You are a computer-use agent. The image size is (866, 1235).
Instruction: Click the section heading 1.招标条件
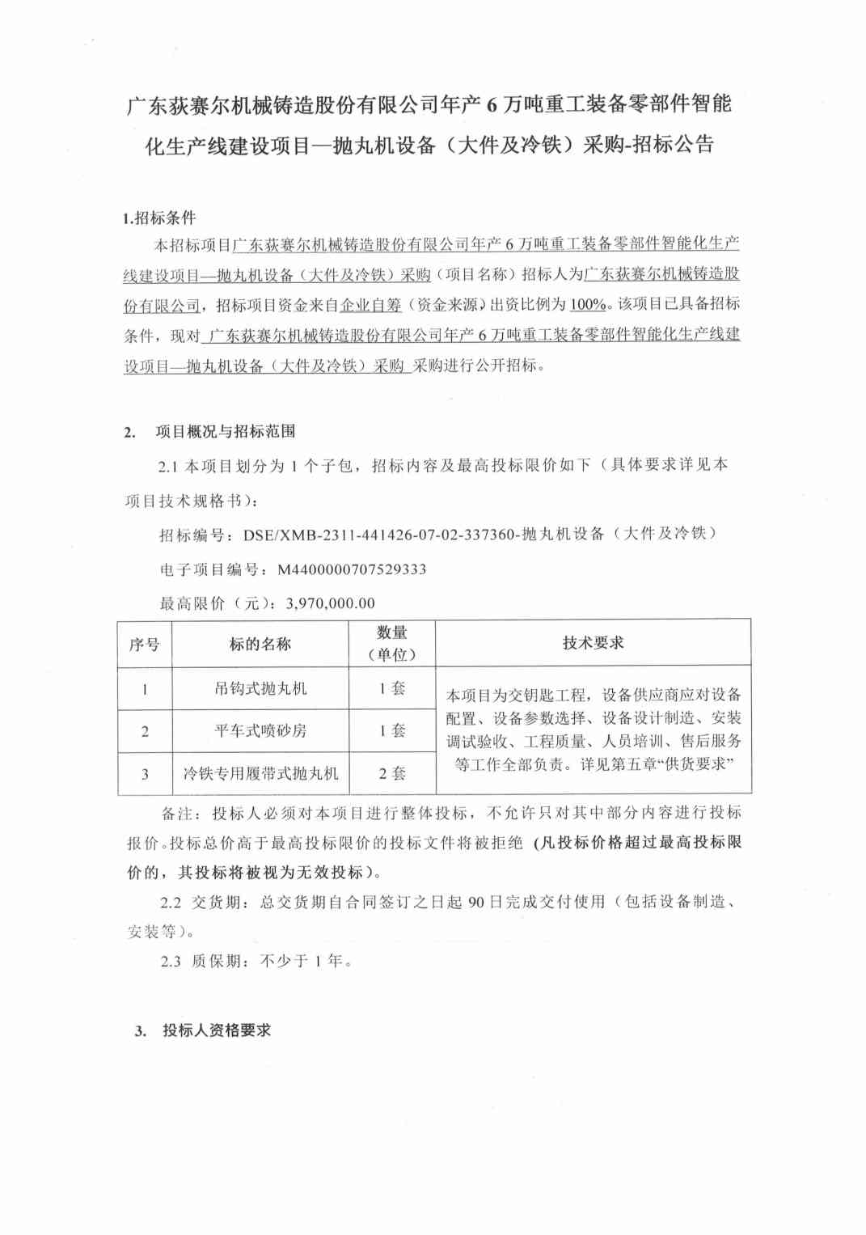click(x=158, y=218)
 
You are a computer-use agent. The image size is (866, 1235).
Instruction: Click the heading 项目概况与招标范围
click(x=225, y=431)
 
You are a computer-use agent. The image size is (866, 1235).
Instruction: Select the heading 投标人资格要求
click(x=216, y=1030)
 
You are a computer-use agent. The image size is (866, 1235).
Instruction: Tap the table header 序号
click(x=145, y=644)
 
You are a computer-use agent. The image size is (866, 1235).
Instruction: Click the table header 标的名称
click(x=260, y=644)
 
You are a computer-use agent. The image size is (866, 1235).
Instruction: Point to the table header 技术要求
click(x=593, y=642)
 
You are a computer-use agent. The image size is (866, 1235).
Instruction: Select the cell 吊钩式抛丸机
click(x=260, y=688)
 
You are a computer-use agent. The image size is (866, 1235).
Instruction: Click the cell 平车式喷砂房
click(x=260, y=730)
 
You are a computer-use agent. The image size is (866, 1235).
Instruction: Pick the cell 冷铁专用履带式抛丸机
click(x=260, y=773)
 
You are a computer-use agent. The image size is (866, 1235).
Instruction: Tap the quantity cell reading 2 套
click(x=392, y=773)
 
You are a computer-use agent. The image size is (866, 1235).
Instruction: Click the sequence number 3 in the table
click(x=145, y=774)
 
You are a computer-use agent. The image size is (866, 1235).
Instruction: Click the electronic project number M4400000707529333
click(x=352, y=569)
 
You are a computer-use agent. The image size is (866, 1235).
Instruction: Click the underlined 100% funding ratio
click(x=588, y=304)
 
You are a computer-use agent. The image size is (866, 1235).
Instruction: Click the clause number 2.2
click(x=171, y=902)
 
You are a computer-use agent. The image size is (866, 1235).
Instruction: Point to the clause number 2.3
click(x=171, y=961)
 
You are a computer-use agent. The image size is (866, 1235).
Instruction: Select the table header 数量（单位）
click(x=392, y=644)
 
